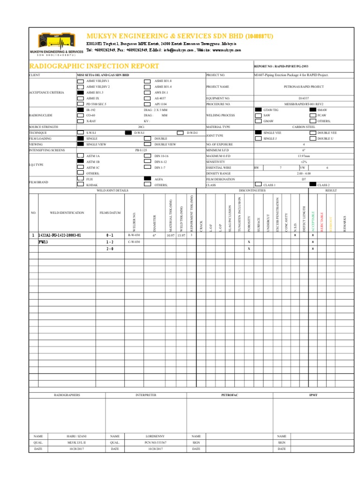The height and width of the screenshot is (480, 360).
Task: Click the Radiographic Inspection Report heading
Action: (x=94, y=67)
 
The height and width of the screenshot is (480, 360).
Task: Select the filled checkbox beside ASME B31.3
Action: (x=81, y=93)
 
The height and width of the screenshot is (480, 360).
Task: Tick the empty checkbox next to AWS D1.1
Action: (x=147, y=93)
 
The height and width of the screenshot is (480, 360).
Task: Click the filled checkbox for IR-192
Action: (x=81, y=109)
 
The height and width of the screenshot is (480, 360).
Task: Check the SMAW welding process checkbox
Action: (x=313, y=109)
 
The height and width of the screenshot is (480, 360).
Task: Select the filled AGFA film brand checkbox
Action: (x=147, y=179)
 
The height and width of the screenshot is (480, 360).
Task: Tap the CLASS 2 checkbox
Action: (x=313, y=185)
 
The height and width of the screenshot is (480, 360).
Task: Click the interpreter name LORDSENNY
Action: (x=146, y=436)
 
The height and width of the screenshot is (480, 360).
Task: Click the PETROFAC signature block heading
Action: (x=230, y=395)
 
